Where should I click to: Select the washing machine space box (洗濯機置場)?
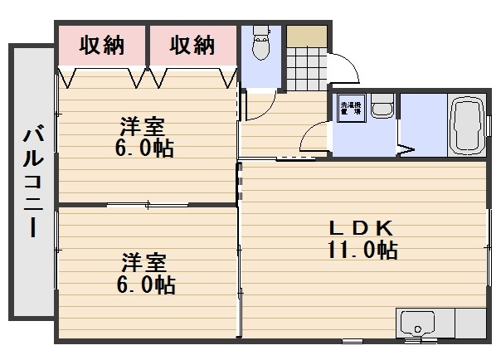(x=349, y=110)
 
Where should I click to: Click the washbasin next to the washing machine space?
(x=382, y=108)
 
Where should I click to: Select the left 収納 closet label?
(x=102, y=46)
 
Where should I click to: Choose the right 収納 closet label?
(x=193, y=46)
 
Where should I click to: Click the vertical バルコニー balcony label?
(x=32, y=182)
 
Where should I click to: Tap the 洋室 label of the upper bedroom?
(x=143, y=127)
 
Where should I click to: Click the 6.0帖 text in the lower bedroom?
(x=144, y=285)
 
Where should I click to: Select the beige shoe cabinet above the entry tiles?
(x=307, y=37)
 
